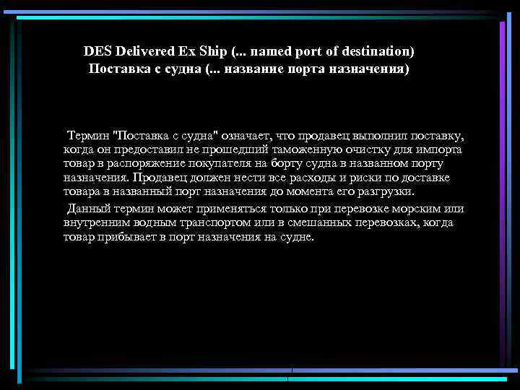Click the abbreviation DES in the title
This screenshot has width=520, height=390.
pyautogui.click(x=97, y=52)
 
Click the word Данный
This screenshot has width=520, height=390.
pyautogui.click(x=87, y=209)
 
